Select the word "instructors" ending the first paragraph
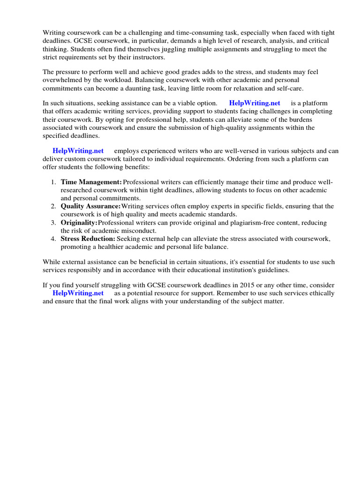(x=147, y=58)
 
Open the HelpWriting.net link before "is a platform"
(x=255, y=103)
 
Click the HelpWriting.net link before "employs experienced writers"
(x=78, y=150)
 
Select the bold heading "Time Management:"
(x=91, y=181)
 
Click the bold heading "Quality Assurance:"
(x=90, y=206)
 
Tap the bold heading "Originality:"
(x=79, y=222)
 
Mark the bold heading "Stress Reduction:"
(x=88, y=239)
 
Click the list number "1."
(x=54, y=181)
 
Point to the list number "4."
(x=54, y=239)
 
